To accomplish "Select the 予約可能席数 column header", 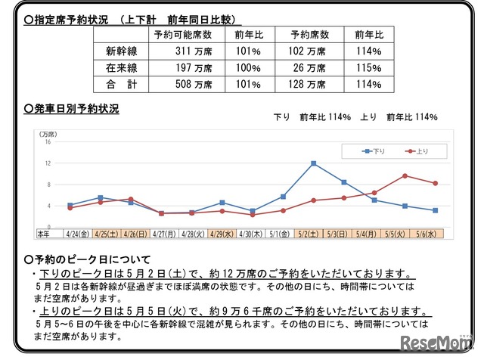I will pos(182,36).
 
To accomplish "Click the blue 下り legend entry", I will pos(374,151).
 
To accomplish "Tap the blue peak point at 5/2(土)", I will pos(313,163).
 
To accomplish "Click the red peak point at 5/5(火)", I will pos(405,175).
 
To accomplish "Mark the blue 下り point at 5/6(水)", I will pos(436,210).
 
